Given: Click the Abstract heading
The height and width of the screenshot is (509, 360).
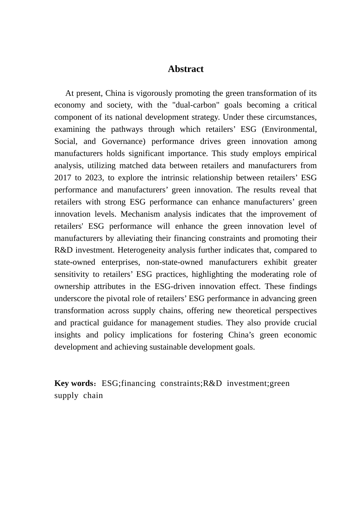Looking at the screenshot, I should coord(185,69).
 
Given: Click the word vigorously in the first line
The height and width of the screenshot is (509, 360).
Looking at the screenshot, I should coord(152,93).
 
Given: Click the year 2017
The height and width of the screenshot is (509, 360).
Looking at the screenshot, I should coord(63,178).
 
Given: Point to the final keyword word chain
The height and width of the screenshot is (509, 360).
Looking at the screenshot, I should coord(93,395).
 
